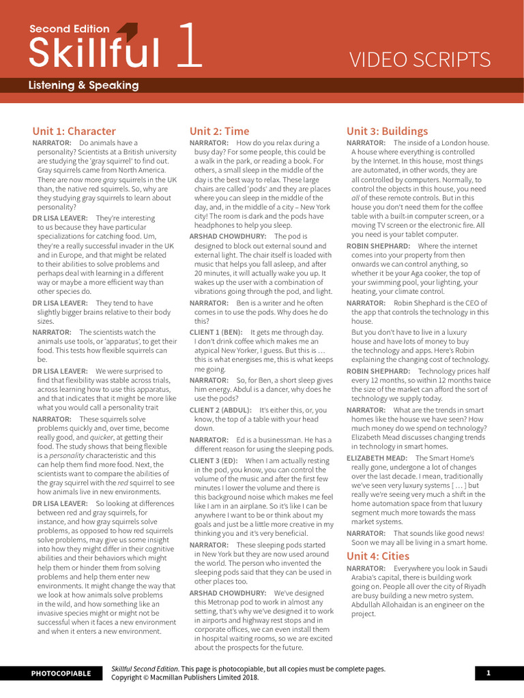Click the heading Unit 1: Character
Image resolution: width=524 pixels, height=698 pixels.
point(74,131)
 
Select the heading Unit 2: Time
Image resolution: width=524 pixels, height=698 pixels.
point(219,131)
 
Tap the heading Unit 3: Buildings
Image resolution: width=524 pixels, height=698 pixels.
point(387,131)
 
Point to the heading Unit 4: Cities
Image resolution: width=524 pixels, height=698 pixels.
point(377,556)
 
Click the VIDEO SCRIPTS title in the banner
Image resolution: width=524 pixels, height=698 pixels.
point(420,60)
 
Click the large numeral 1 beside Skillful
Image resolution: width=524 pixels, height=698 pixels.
point(189,46)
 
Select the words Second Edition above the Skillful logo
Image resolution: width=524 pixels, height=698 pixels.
point(69,29)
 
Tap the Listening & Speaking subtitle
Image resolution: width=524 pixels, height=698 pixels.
point(83,85)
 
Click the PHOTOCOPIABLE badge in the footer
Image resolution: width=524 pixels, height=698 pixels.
point(61,673)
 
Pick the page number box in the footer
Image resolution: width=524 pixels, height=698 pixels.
point(489,673)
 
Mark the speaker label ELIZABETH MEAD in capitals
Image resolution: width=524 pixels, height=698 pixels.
point(377,458)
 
